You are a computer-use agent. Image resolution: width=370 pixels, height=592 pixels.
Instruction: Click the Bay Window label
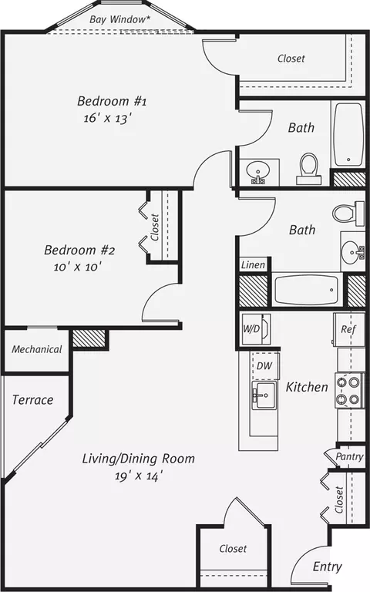119,19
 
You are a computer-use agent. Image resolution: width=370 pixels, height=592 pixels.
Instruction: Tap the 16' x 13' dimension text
108,118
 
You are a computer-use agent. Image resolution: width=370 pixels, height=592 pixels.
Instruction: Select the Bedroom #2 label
79,250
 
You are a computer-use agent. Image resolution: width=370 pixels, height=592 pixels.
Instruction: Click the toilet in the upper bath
308,169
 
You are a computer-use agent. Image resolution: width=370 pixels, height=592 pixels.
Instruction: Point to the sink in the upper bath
258,172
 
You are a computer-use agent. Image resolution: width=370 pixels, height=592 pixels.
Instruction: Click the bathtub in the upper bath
348,134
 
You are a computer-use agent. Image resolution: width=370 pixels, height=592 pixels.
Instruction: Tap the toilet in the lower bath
345,213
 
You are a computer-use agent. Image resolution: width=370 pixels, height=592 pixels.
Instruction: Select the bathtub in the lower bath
306,290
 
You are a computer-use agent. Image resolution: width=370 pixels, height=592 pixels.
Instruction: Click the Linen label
253,265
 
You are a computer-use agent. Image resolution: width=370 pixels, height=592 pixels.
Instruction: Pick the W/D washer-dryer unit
256,329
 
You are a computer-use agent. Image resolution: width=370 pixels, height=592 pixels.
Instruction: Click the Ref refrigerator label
348,329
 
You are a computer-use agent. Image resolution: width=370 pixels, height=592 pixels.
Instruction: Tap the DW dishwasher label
264,365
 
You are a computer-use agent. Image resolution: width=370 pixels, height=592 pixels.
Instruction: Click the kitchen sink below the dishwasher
264,395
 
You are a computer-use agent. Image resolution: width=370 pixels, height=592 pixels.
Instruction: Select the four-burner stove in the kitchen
348,390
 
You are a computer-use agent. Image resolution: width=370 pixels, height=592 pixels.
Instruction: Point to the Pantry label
349,456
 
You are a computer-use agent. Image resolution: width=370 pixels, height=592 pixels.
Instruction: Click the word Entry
328,567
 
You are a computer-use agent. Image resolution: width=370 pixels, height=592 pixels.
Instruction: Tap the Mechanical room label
37,349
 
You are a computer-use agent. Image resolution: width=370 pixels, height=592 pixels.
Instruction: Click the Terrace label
32,400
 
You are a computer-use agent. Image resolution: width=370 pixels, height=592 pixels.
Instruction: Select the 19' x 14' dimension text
139,476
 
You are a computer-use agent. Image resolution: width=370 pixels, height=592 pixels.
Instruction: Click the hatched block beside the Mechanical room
89,338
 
